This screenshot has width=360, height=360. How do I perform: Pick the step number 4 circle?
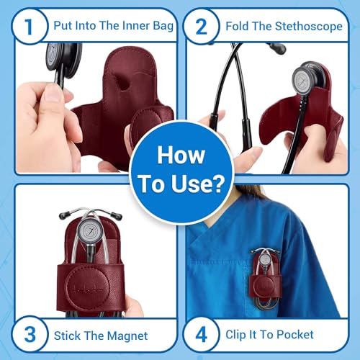201,334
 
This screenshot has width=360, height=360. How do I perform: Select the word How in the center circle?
180,155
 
